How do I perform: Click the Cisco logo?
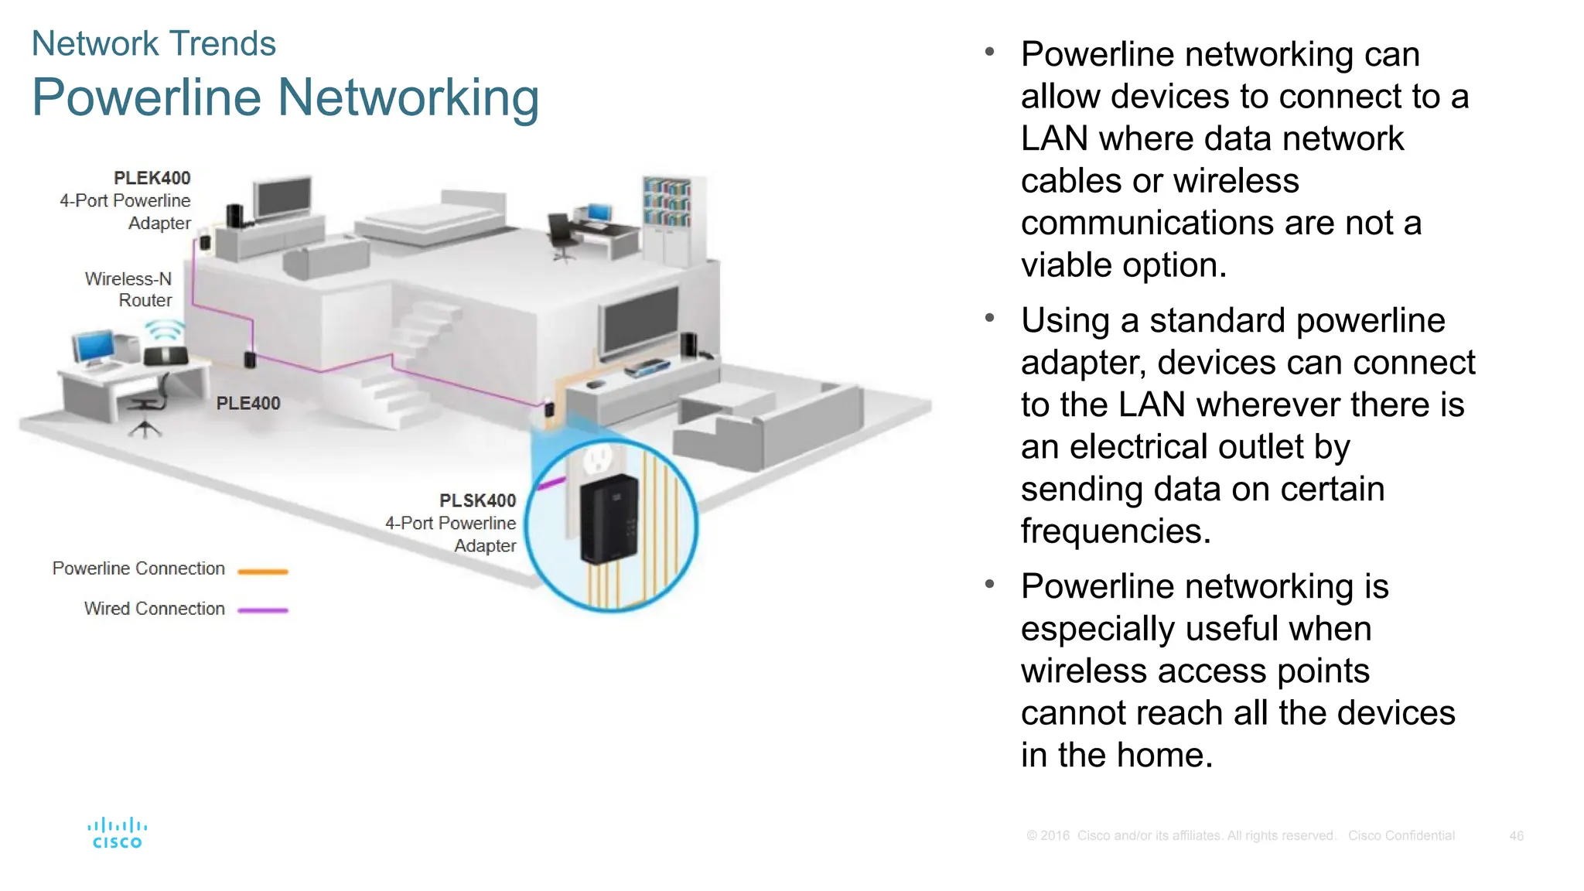click(x=117, y=834)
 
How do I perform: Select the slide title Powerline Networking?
click(x=285, y=98)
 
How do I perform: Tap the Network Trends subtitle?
click(x=153, y=43)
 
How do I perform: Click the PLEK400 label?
click(x=152, y=178)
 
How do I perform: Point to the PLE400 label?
click(x=247, y=403)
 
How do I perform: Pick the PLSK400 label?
click(x=477, y=500)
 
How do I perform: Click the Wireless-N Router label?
click(x=128, y=289)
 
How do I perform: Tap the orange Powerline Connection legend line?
click(x=263, y=572)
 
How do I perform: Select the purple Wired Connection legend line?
click(x=263, y=610)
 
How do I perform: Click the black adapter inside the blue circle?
click(x=610, y=520)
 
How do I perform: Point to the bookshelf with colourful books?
click(x=667, y=203)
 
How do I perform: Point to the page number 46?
click(x=1516, y=836)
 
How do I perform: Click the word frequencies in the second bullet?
click(x=1115, y=531)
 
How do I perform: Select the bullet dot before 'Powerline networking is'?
click(x=989, y=585)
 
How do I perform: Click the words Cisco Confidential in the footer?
click(x=1401, y=836)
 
